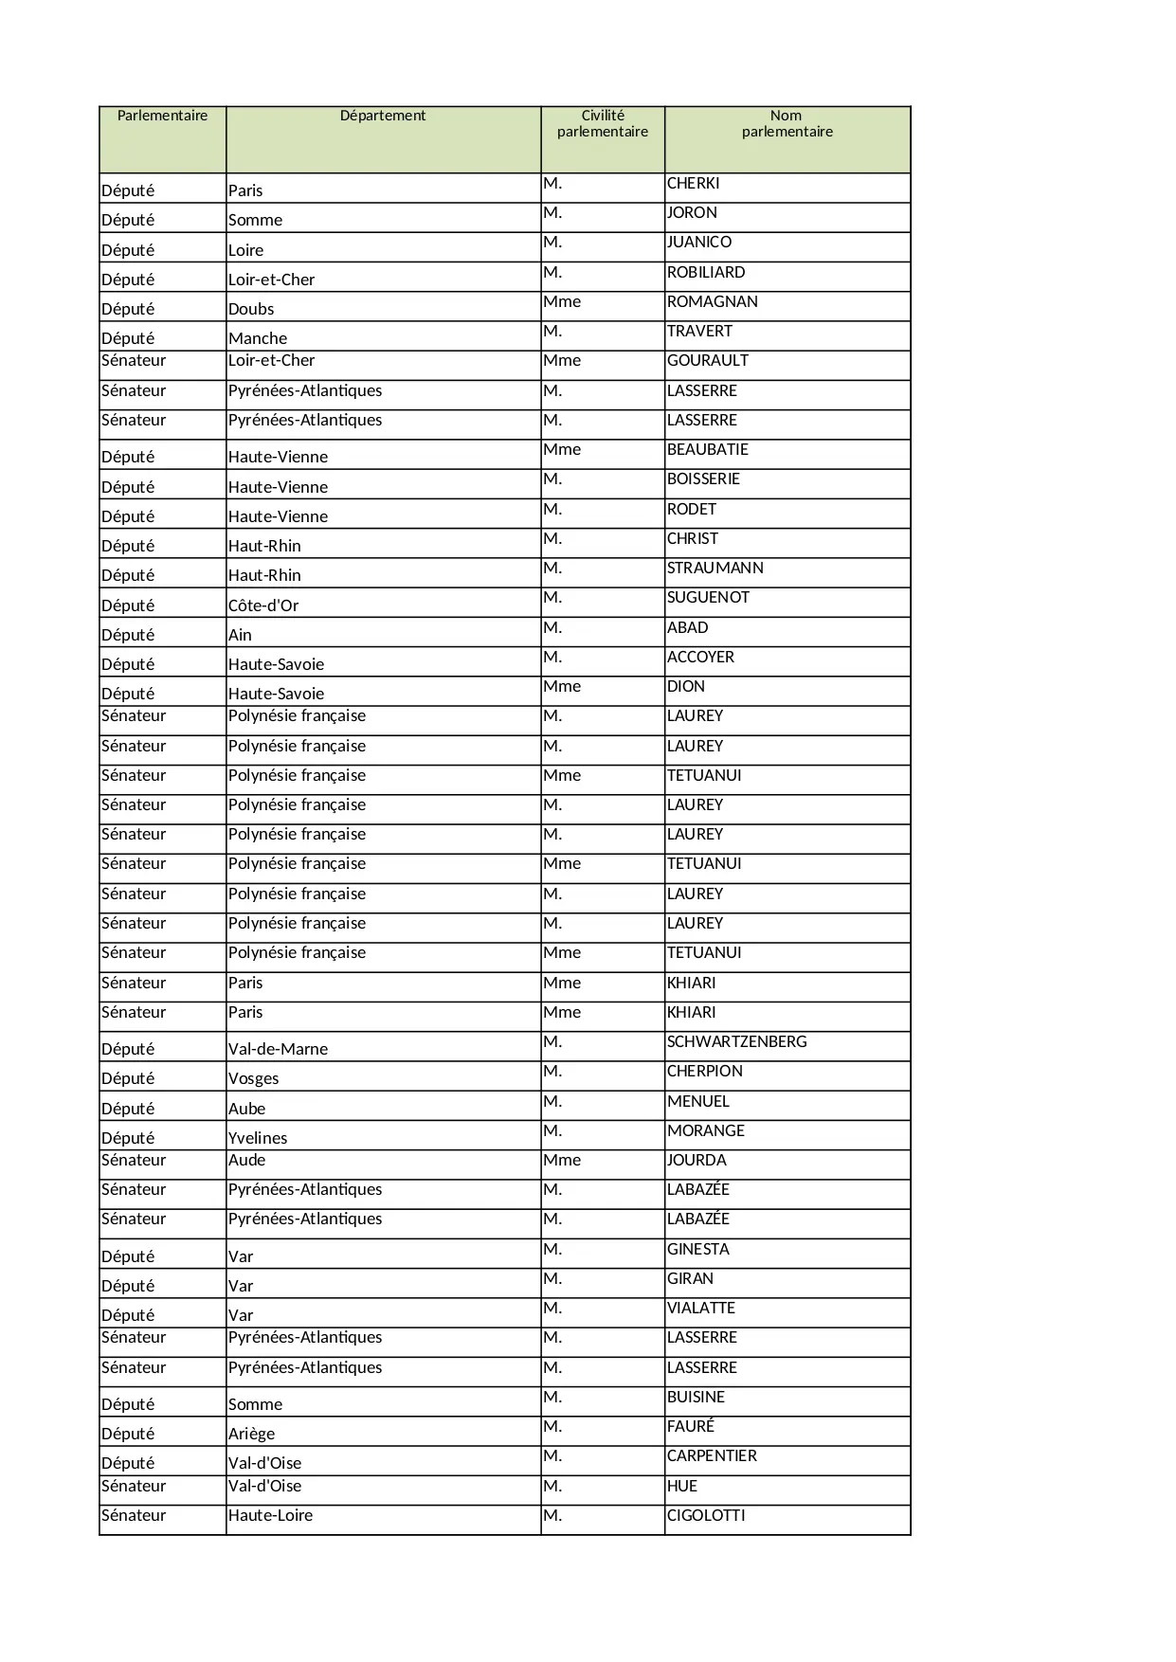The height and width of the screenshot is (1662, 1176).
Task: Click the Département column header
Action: (383, 116)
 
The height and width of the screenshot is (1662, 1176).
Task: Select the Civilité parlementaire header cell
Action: (603, 124)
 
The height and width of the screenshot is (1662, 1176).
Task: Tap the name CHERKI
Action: (693, 184)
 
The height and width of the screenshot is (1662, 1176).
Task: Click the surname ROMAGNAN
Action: (712, 302)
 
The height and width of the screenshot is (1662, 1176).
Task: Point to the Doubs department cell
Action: (251, 309)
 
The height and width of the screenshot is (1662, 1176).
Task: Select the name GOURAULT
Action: (707, 361)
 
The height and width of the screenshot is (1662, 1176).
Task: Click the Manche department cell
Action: (258, 338)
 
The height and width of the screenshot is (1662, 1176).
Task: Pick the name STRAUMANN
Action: (715, 569)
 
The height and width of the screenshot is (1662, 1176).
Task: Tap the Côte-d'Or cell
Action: (263, 605)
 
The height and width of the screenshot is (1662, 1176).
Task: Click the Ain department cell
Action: (240, 635)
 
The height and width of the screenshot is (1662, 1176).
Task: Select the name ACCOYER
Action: (700, 658)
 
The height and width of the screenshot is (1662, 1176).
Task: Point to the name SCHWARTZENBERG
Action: (736, 1042)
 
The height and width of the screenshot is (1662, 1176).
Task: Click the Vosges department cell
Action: (253, 1078)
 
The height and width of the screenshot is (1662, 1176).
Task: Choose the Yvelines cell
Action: (258, 1138)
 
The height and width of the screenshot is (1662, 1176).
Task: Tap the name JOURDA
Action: (697, 1161)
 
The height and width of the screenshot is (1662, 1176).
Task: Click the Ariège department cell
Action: (251, 1434)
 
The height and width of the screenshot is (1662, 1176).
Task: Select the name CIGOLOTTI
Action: (706, 1516)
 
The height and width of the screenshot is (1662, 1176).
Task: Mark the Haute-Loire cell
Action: (270, 1516)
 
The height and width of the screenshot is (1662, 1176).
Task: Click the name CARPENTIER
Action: (712, 1456)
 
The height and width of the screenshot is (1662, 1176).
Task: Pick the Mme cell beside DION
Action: (562, 687)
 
